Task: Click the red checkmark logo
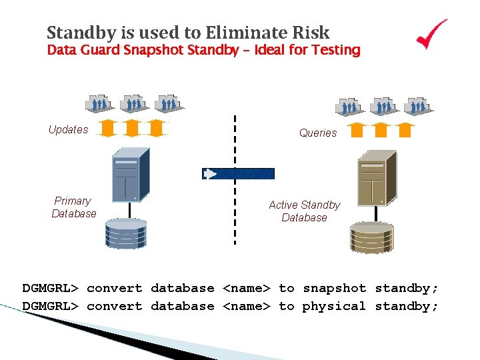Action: click(x=432, y=34)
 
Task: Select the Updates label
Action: click(x=68, y=129)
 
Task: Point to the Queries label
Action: click(x=318, y=133)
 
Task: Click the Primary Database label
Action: click(x=73, y=207)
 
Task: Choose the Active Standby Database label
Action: click(x=304, y=211)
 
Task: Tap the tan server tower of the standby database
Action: click(x=377, y=177)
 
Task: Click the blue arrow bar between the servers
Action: click(x=238, y=174)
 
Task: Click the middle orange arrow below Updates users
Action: click(x=132, y=127)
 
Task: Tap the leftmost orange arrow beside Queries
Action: click(x=357, y=129)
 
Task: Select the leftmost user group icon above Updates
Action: click(x=99, y=103)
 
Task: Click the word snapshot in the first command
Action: click(x=334, y=288)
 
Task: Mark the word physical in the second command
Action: click(x=334, y=306)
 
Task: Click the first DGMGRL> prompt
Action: click(x=51, y=288)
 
